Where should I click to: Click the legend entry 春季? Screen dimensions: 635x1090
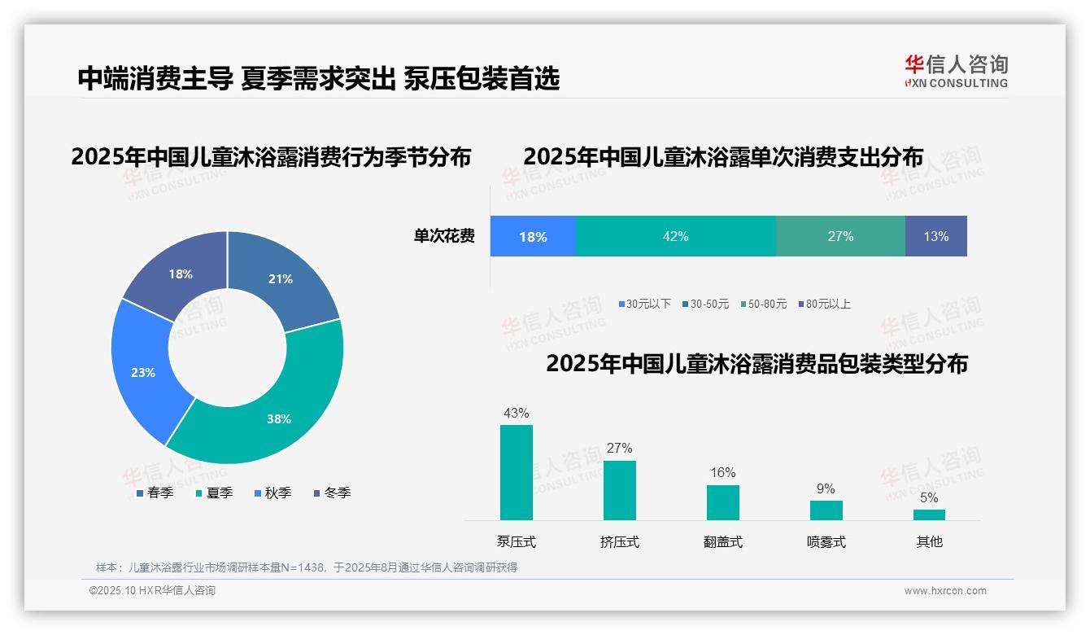coord(155,493)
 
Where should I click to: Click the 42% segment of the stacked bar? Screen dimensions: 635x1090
coord(675,236)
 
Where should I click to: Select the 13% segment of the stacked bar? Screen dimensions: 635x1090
coord(935,236)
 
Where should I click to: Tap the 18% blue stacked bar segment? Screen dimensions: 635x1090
coord(533,237)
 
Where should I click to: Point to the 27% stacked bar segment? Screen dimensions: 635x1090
coord(840,236)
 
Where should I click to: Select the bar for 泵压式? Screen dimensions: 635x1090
coord(517,472)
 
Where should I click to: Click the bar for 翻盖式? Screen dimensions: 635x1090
coord(722,502)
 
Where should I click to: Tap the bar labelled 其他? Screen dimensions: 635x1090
coord(929,515)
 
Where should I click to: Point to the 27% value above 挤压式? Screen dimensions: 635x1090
coord(619,448)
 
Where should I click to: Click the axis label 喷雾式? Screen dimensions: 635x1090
coord(826,542)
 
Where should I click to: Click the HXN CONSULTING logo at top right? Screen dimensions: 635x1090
coord(956,72)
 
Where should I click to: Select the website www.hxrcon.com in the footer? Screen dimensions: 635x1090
coord(945,591)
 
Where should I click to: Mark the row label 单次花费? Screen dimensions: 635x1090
coord(444,237)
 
